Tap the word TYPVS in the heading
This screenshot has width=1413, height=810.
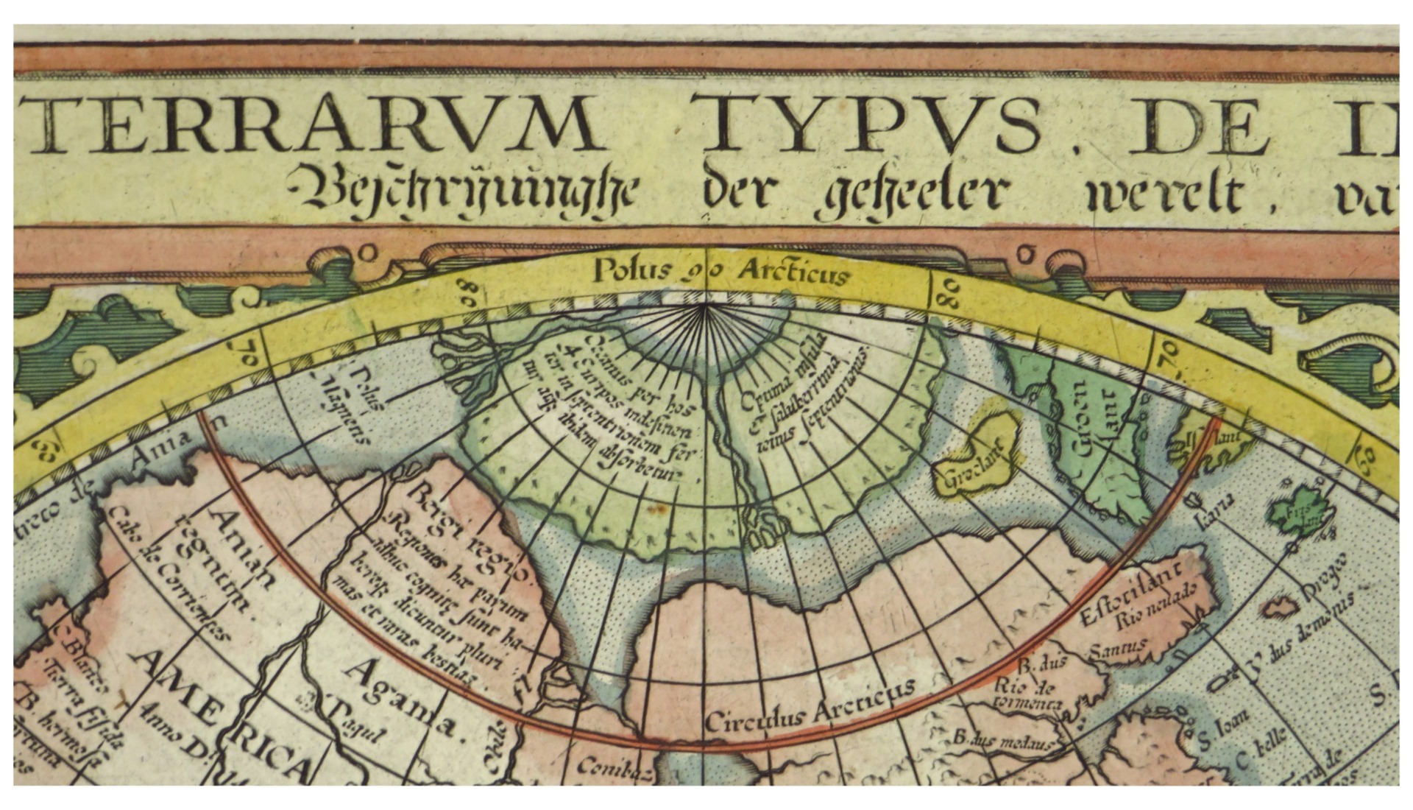871,127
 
